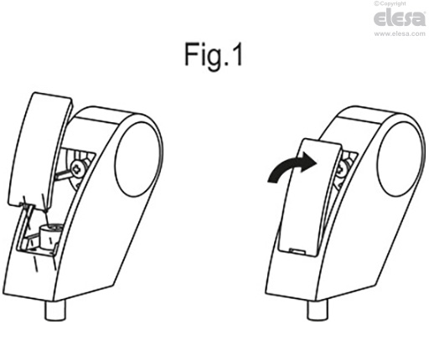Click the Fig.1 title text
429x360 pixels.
(x=214, y=54)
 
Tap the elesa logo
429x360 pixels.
(x=400, y=18)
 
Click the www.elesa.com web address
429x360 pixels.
(x=400, y=33)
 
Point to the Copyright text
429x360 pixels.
(x=390, y=3)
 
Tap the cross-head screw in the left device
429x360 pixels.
(x=78, y=168)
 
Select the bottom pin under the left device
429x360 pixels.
(x=55, y=311)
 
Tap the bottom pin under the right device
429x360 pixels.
(x=318, y=311)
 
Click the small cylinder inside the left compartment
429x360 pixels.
(x=50, y=236)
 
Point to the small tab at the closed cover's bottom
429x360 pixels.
(x=297, y=250)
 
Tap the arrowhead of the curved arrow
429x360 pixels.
(x=308, y=162)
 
